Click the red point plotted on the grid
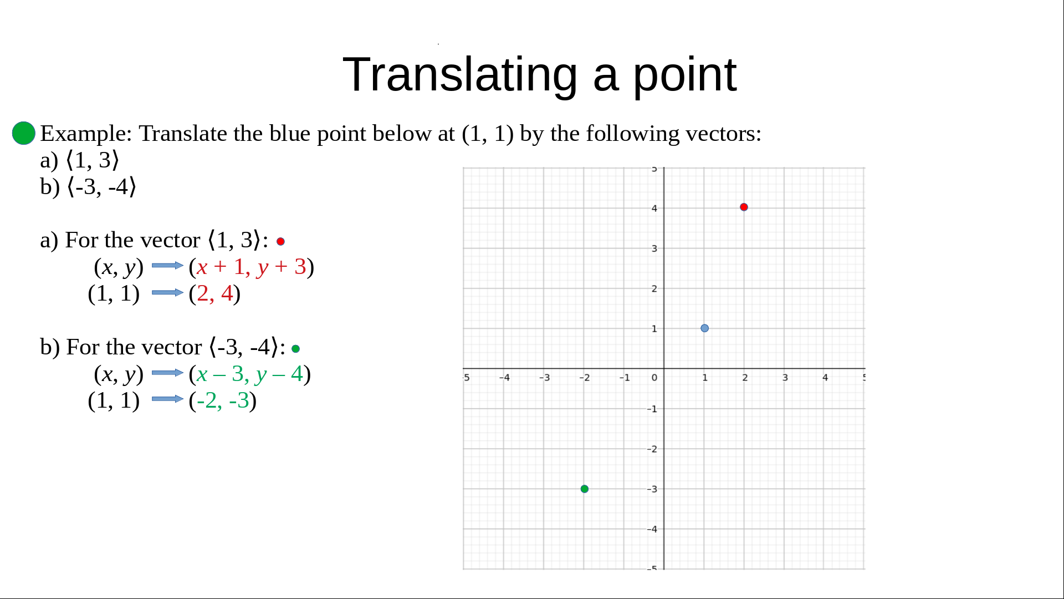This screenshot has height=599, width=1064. (744, 207)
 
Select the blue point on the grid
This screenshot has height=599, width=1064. (704, 328)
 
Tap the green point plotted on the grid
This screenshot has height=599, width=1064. (584, 489)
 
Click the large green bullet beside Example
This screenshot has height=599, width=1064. (24, 133)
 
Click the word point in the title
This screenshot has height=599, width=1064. (685, 75)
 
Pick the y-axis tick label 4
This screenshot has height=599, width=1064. (654, 209)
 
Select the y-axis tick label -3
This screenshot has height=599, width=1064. (652, 489)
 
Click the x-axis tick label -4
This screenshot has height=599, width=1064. (504, 378)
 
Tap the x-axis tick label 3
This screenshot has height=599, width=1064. (785, 378)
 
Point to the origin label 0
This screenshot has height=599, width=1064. (654, 378)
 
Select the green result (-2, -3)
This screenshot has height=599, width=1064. (222, 400)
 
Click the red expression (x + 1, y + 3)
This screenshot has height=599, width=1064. (251, 267)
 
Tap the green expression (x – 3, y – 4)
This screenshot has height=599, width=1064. (249, 374)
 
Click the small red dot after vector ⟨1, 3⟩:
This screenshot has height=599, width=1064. (280, 241)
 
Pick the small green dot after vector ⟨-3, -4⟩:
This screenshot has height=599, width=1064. (295, 349)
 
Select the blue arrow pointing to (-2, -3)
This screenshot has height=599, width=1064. (167, 399)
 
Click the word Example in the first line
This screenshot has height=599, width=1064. (86, 134)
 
